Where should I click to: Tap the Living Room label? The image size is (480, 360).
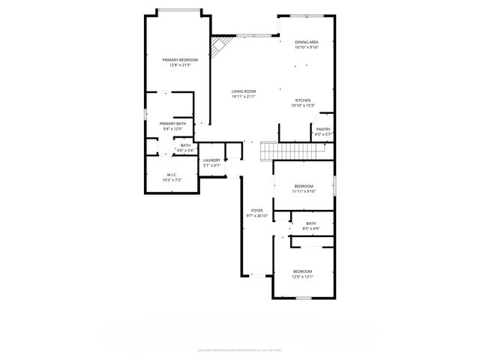[244, 91]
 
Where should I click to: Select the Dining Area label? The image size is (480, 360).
[306, 42]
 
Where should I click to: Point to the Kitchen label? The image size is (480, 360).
[303, 100]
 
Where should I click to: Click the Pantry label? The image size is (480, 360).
[323, 129]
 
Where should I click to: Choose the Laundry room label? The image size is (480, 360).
[211, 160]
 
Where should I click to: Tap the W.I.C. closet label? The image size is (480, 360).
[172, 175]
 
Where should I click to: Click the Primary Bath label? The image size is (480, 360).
[172, 124]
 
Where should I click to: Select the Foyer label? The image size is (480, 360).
[256, 211]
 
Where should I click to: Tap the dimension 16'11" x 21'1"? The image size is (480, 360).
[244, 97]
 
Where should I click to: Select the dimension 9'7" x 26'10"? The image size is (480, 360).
[256, 216]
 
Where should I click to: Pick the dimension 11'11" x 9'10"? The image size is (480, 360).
[304, 191]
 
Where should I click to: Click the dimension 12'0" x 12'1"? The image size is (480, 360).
[302, 277]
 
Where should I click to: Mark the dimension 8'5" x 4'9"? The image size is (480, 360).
[310, 228]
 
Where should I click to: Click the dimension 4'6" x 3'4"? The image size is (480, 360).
[185, 150]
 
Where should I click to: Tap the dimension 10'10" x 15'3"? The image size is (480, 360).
[303, 106]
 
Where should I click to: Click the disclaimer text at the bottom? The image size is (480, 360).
[240, 349]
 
